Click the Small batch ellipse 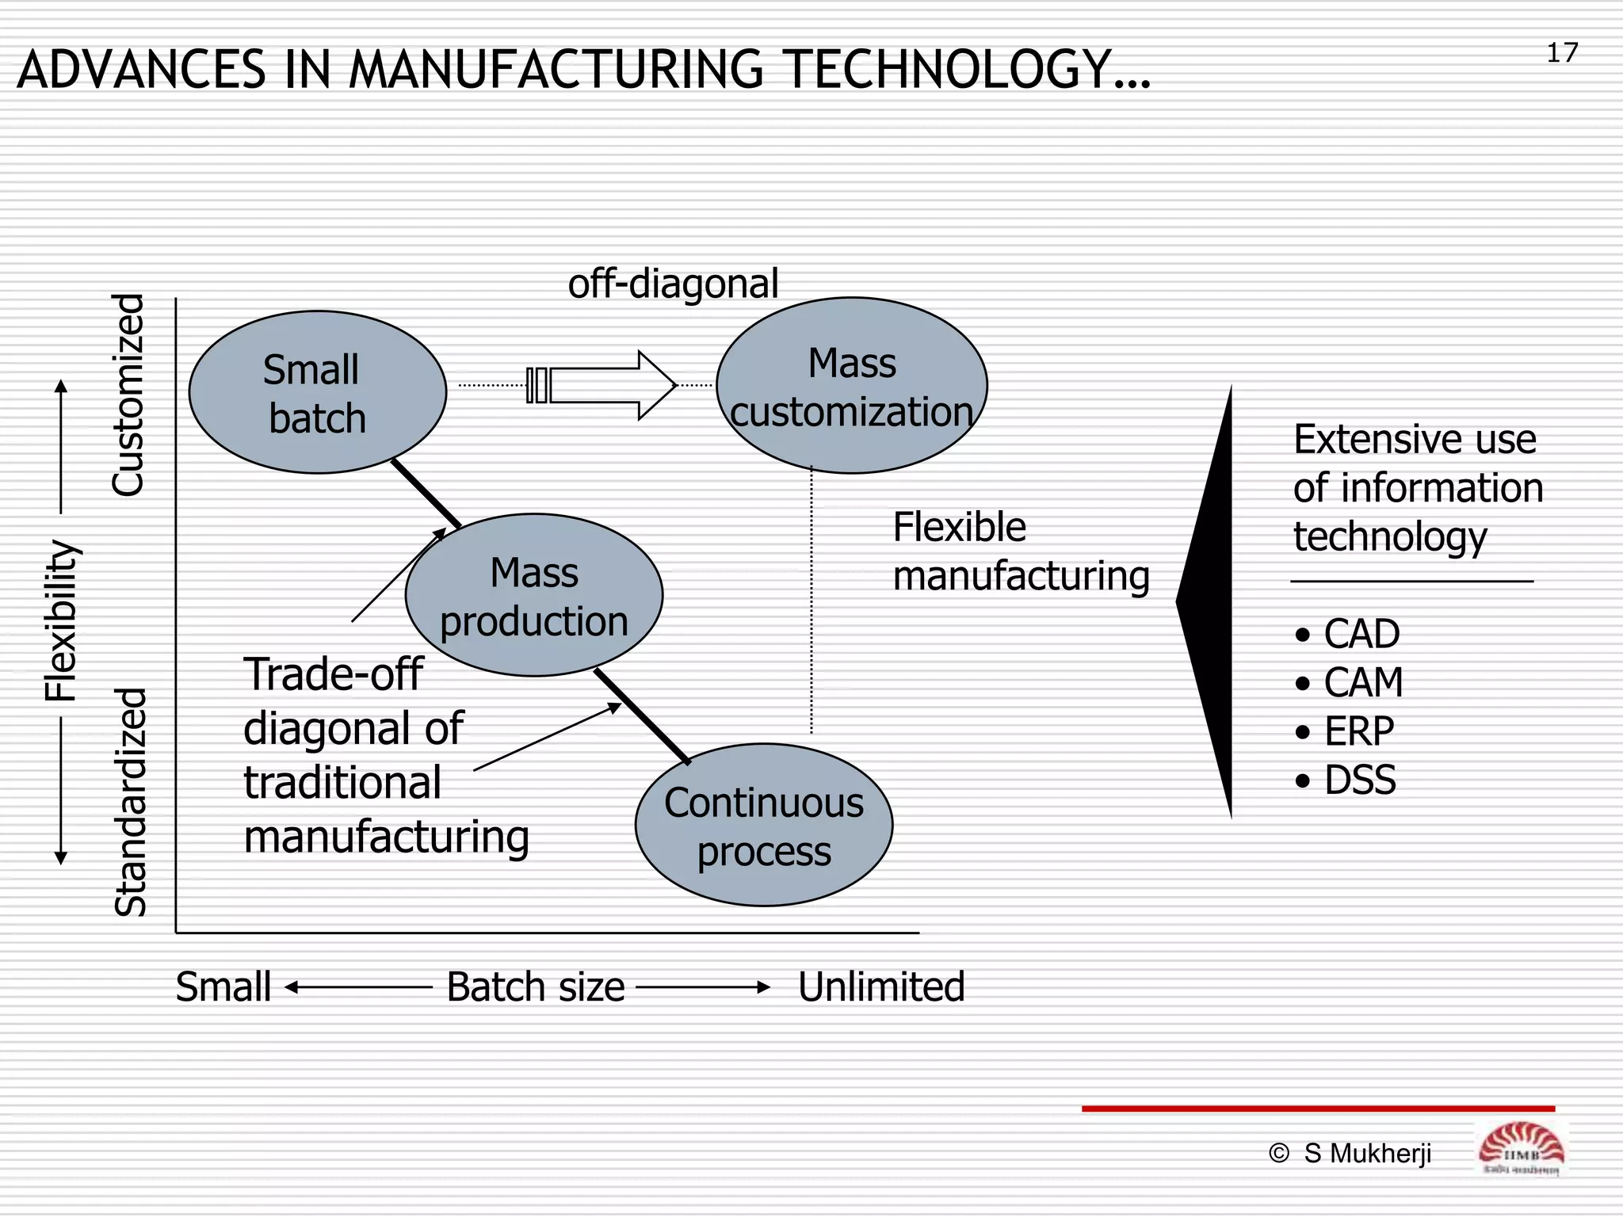[317, 392]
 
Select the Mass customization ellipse [852, 386]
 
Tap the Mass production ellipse [533, 595]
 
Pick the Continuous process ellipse [764, 825]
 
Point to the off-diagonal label [673, 284]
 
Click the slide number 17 [1562, 53]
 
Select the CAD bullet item [1361, 634]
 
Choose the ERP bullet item [1358, 731]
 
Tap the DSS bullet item [1359, 780]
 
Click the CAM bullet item [1362, 682]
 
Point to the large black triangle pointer [1213, 602]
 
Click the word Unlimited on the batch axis [881, 987]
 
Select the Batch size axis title [536, 987]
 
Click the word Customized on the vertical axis [128, 395]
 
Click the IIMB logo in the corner [1521, 1149]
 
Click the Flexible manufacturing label [1020, 551]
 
